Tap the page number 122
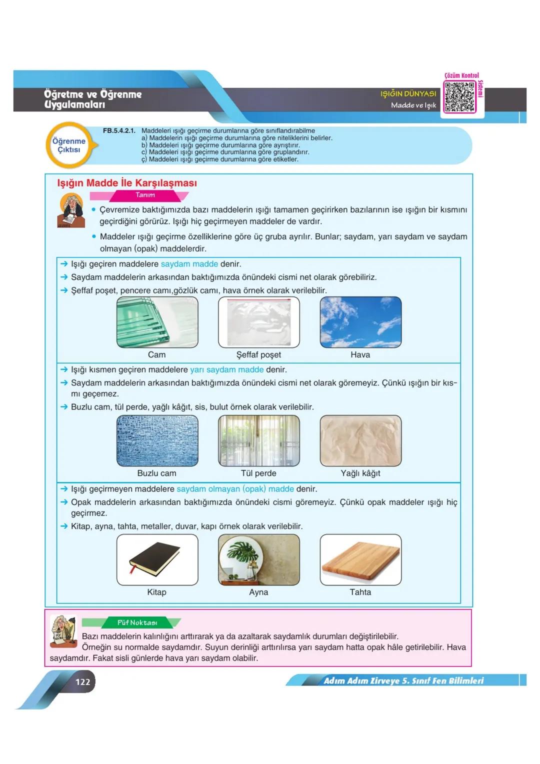click(82, 681)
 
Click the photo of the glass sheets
click(157, 322)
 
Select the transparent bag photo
click(258, 322)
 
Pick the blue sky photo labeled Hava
click(360, 322)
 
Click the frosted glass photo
click(157, 440)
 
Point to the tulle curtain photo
click(258, 440)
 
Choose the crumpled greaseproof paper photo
click(360, 440)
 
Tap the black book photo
click(157, 559)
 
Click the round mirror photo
click(258, 559)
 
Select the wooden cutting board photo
click(360, 559)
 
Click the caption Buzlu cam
click(156, 473)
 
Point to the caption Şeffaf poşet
click(258, 354)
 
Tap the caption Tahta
click(360, 592)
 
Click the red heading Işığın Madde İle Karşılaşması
click(127, 183)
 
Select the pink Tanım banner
click(145, 195)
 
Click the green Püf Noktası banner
click(137, 622)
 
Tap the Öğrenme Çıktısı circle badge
click(69, 145)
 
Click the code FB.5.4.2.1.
click(119, 131)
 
